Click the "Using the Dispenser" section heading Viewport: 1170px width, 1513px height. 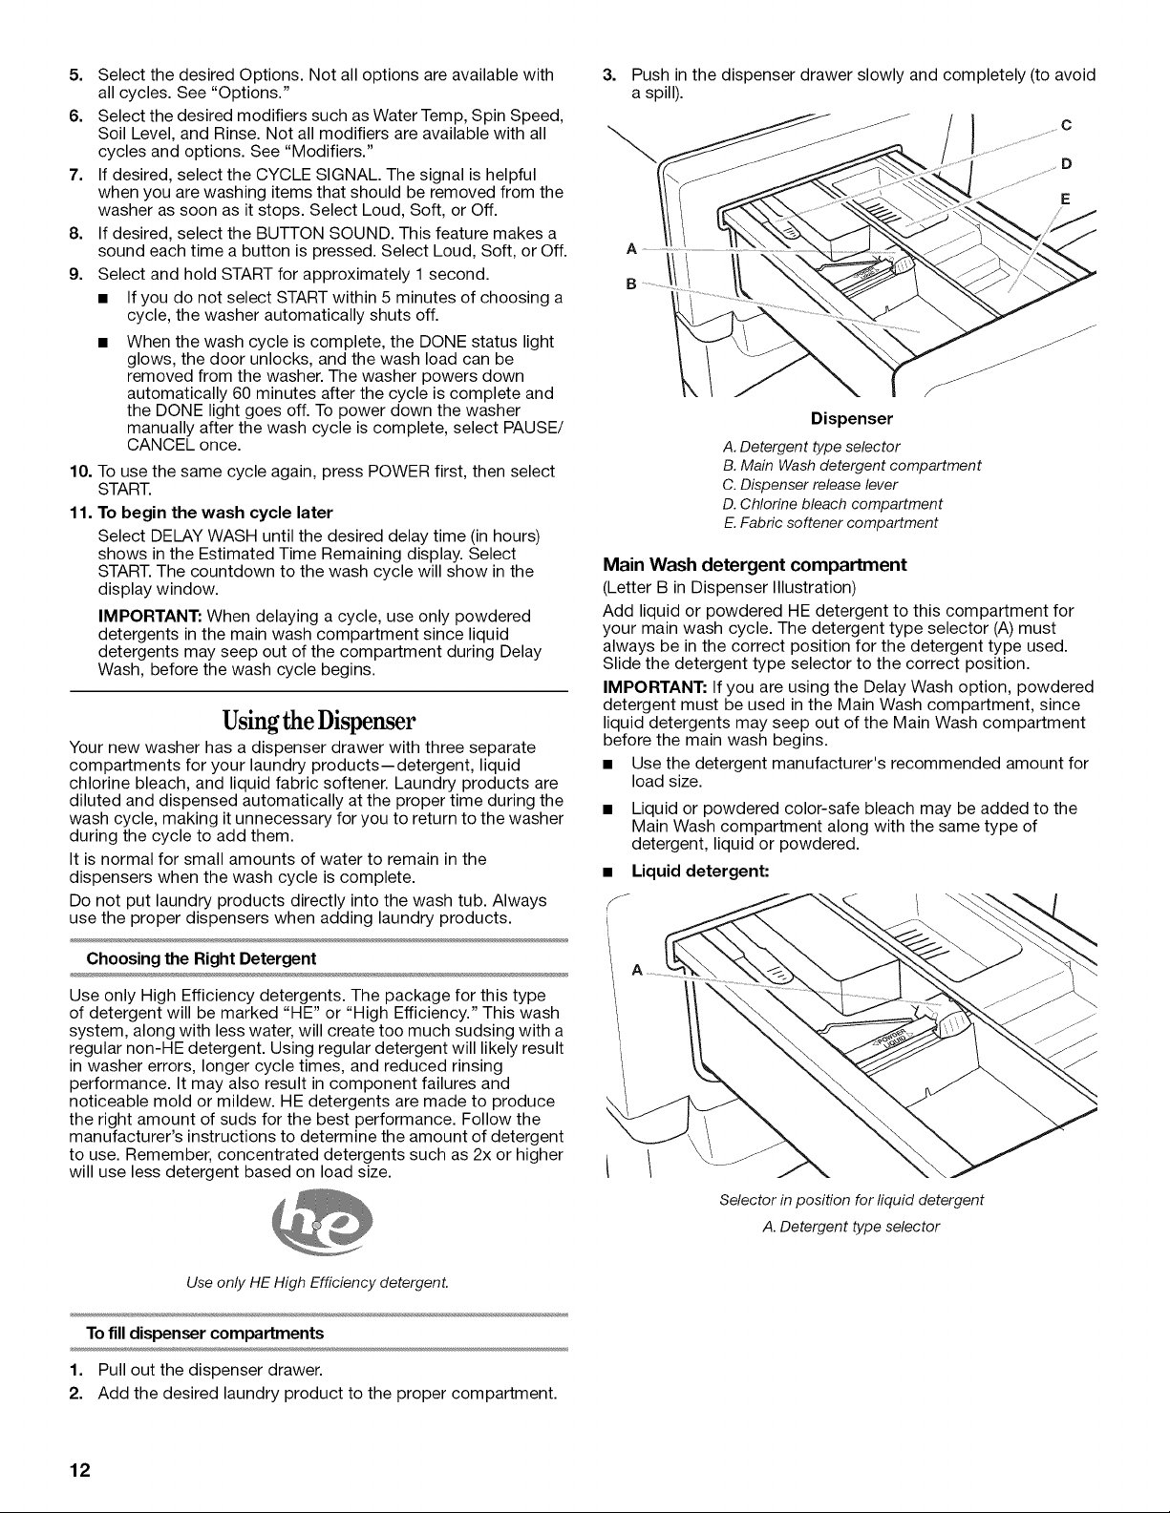tap(319, 719)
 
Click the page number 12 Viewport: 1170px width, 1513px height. tap(79, 1470)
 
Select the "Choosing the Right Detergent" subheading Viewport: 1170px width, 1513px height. tap(202, 958)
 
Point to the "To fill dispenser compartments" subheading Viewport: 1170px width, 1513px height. tap(204, 1334)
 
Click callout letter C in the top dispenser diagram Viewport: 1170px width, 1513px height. tap(1066, 125)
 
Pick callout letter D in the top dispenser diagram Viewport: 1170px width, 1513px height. tap(1066, 163)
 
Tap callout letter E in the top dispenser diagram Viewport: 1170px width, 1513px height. tap(1065, 200)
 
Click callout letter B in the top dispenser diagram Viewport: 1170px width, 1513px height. tap(631, 284)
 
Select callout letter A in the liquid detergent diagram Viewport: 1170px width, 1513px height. tap(636, 969)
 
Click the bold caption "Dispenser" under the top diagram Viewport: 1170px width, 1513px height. tap(851, 418)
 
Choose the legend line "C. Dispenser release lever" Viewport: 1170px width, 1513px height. tap(810, 485)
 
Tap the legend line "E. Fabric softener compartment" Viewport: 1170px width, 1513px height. tap(831, 523)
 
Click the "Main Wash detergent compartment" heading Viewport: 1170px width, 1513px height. tap(755, 565)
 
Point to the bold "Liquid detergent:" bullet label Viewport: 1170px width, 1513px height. tap(700, 871)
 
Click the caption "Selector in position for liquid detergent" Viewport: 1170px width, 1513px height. tap(851, 1200)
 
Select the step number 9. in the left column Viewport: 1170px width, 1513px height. tap(76, 274)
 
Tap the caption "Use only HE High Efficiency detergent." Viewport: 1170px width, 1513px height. tap(317, 1282)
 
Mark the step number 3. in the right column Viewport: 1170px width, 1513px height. tap(609, 74)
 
